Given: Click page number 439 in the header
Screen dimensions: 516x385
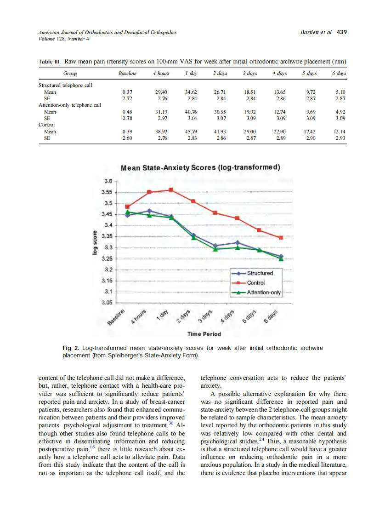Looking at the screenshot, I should (x=342, y=32).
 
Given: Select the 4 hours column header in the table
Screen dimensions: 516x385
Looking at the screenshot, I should (x=161, y=74).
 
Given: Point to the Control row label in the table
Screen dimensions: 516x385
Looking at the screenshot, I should (x=47, y=125).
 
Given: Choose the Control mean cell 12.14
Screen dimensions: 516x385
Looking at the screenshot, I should (x=340, y=132).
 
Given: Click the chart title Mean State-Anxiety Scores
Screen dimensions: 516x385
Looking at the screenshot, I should (x=200, y=167).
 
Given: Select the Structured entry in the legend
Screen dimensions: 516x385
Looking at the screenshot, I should (x=260, y=273).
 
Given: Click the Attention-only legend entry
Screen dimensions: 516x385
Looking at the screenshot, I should (x=263, y=292).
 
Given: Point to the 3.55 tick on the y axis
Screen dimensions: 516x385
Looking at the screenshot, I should (x=106, y=192).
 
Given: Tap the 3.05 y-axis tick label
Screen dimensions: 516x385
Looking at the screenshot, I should (x=106, y=303).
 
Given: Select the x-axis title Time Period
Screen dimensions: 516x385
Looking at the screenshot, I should (x=204, y=334).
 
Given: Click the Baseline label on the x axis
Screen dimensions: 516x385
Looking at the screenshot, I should (x=117, y=318).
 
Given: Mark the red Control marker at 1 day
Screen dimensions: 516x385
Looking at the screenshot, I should (x=171, y=189).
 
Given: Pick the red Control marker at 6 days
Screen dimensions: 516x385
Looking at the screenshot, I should (x=281, y=237).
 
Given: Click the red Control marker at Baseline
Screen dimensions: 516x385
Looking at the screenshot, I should (x=127, y=206).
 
